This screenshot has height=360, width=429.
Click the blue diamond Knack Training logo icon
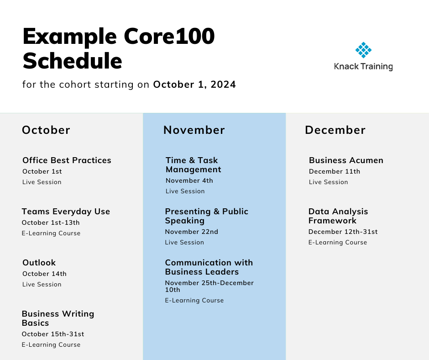(363, 50)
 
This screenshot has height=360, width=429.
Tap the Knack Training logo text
(363, 67)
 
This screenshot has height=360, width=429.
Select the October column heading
(46, 130)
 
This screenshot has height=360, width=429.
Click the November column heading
(194, 130)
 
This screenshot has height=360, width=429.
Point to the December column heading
(335, 130)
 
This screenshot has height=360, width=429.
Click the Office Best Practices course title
(67, 160)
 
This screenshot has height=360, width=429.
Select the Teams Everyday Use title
(66, 212)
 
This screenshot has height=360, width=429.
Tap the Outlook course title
(39, 263)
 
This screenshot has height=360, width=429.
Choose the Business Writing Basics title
(58, 318)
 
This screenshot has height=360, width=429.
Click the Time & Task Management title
(194, 164)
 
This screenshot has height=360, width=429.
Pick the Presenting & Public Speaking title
(207, 216)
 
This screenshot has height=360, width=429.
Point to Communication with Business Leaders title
(209, 267)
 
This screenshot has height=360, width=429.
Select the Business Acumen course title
(346, 160)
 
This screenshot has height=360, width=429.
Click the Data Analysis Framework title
(338, 216)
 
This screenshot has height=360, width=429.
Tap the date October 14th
(44, 274)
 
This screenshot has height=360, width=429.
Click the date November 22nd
(192, 232)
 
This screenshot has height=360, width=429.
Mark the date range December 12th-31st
(343, 232)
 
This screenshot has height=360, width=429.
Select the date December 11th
(335, 171)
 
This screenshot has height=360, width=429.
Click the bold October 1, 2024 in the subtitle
(194, 85)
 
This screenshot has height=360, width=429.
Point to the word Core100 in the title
(169, 37)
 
